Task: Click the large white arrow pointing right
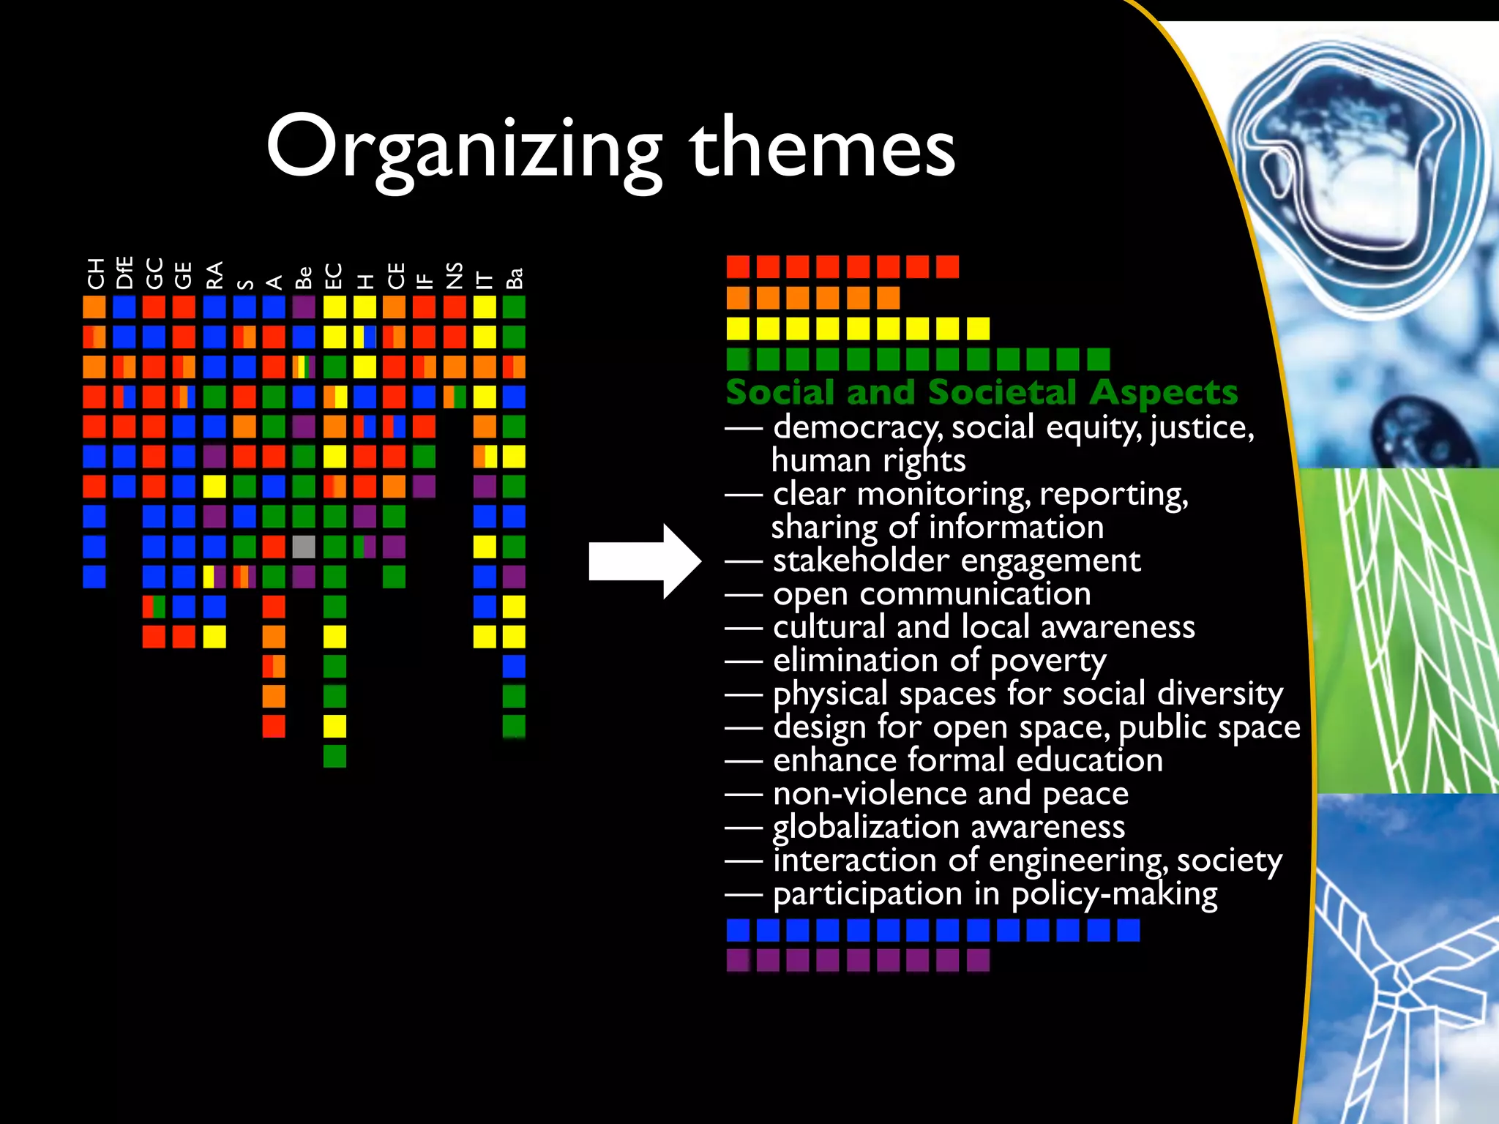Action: coord(644,561)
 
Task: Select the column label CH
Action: coord(95,274)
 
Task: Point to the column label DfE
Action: coord(124,272)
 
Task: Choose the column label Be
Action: coord(304,277)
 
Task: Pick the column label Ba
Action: coord(515,278)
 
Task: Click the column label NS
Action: coord(455,275)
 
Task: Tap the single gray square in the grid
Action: coord(304,547)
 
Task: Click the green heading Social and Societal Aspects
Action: coord(982,392)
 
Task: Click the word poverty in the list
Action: coord(1048,662)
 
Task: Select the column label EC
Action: coord(334,276)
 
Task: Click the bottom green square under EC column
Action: coord(334,756)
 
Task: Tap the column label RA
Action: coord(214,275)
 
